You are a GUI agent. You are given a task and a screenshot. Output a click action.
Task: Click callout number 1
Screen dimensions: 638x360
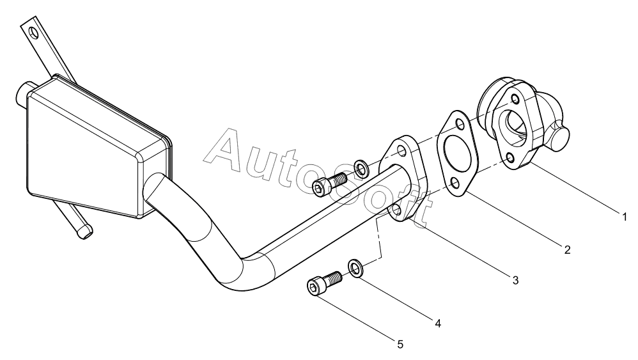[x=625, y=217]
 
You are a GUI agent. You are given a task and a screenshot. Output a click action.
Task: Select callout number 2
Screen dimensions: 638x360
[x=567, y=249]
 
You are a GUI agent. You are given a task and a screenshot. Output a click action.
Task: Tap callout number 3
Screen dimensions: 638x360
[x=515, y=280]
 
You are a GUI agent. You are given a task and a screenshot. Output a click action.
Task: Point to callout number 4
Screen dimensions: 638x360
[x=438, y=324]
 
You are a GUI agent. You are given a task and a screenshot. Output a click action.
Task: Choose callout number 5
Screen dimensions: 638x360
[x=400, y=345]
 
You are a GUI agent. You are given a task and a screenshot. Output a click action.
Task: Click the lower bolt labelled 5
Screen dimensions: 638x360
[x=323, y=282]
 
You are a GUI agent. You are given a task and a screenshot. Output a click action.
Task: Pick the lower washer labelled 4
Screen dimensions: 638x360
[x=355, y=268]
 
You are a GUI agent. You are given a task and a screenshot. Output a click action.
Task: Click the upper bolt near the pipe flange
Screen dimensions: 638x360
[x=329, y=184]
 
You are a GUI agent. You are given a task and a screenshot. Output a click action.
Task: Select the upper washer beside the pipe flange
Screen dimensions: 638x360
[x=361, y=168]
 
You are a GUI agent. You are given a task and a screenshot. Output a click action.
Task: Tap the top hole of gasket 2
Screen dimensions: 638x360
[x=460, y=125]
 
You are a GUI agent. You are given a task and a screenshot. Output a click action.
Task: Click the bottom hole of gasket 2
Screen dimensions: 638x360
[x=455, y=184]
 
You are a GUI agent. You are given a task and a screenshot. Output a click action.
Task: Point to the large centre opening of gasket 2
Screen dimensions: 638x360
[x=458, y=153]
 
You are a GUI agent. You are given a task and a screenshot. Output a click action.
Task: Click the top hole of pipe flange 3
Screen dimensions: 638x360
[x=402, y=152]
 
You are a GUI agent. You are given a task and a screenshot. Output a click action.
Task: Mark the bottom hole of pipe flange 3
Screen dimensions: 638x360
[x=397, y=210]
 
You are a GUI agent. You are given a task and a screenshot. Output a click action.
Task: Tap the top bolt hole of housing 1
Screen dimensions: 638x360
[x=515, y=99]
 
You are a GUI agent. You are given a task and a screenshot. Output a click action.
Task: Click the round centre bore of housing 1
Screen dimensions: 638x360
[x=517, y=127]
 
